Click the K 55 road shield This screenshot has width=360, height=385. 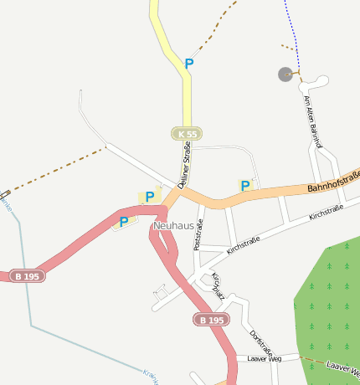click(x=188, y=134)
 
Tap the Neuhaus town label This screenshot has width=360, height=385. click(x=173, y=226)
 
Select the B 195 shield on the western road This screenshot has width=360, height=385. click(x=28, y=275)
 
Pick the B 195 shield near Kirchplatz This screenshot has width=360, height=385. click(x=210, y=320)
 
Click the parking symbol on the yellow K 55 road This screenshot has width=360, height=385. click(x=189, y=64)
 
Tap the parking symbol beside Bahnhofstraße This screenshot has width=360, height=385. click(x=245, y=186)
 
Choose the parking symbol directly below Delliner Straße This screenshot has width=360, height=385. click(x=150, y=197)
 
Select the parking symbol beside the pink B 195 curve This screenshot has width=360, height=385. click(x=124, y=222)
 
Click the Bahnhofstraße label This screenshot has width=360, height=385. click(x=333, y=182)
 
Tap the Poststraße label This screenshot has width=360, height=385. click(x=198, y=235)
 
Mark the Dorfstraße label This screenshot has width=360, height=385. click(x=258, y=345)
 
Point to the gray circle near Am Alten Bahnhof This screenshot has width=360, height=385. click(x=285, y=74)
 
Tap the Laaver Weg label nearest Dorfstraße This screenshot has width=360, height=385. click(x=265, y=358)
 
